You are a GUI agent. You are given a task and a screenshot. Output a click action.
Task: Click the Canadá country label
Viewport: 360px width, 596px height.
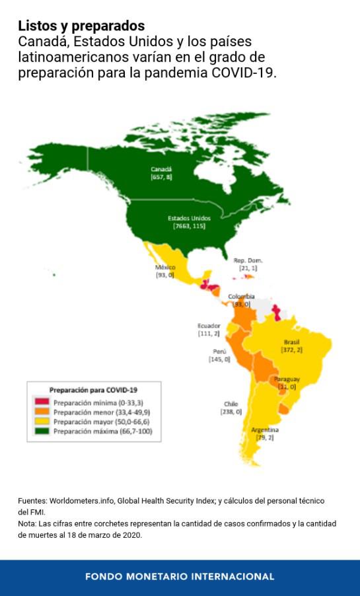[161, 170]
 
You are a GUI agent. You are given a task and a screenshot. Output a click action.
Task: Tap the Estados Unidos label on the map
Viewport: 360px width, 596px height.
[189, 218]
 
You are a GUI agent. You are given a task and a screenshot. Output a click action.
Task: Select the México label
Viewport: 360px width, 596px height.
[165, 268]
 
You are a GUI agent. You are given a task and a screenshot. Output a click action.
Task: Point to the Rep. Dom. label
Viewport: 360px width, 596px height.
[248, 260]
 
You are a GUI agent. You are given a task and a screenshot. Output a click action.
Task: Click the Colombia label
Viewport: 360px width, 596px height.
[240, 297]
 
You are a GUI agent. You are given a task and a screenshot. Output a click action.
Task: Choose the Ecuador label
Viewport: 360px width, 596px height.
[209, 326]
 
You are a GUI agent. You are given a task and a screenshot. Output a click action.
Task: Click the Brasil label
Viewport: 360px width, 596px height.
[291, 342]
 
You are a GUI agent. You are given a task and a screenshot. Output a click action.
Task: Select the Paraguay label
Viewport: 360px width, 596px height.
[287, 379]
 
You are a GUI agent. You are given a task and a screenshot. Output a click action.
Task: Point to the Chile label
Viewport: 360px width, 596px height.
[231, 404]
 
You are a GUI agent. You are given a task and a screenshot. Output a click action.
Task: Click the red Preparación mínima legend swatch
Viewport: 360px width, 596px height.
[42, 402]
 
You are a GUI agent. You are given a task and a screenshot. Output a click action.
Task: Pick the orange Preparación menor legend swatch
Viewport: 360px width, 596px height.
[42, 412]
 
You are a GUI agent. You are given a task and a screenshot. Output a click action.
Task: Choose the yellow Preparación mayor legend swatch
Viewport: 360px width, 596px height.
[42, 421]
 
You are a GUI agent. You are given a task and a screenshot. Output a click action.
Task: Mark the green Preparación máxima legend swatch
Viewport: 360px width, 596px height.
[42, 431]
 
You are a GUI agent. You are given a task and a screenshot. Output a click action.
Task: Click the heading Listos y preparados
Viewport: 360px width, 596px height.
[81, 26]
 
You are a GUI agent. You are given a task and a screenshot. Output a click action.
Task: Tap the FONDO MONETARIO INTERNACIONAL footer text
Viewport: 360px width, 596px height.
[180, 577]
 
